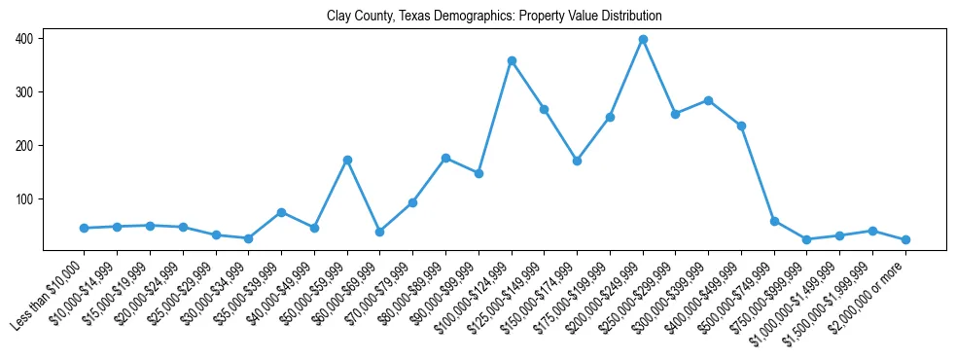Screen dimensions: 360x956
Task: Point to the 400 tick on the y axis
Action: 22,39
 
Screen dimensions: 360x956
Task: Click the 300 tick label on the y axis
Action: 22,92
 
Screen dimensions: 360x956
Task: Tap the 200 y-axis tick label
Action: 22,146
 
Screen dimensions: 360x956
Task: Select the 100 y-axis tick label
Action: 22,199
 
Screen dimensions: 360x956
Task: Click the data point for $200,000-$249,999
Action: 643,40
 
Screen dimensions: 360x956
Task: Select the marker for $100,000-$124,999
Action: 512,61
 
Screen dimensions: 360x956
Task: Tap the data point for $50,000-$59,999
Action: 347,160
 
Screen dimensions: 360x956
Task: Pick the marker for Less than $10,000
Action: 85,228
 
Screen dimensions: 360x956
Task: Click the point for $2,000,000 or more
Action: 905,239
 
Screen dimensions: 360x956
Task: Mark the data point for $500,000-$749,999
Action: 774,221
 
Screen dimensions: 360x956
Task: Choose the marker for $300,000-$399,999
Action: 708,100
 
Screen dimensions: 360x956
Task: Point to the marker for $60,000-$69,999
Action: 380,232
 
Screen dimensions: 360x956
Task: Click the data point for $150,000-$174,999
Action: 577,161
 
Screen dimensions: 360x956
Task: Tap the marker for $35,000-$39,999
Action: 281,212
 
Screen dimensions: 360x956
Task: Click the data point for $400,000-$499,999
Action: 741,126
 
